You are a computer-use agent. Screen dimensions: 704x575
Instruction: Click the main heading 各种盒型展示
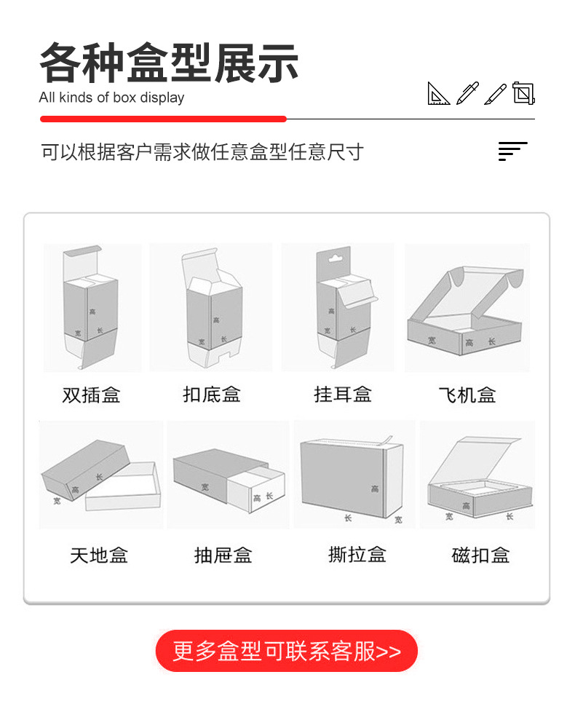coord(169,64)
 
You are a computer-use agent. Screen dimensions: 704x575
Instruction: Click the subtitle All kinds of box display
coord(111,98)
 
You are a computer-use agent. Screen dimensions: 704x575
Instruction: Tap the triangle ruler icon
coord(438,93)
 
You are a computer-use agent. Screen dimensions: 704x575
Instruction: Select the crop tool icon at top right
coord(523,93)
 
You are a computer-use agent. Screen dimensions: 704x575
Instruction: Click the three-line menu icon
coord(512,151)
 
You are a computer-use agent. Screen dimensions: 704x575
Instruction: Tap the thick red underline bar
coord(163,119)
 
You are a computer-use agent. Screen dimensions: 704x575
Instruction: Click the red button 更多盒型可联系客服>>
coord(287,651)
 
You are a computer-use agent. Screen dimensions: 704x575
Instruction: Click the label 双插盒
coord(91,395)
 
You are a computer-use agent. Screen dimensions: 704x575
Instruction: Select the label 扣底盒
coord(212,395)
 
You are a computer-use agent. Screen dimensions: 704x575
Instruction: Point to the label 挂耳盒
coord(343,395)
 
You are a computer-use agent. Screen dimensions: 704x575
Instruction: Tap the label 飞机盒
coord(467,395)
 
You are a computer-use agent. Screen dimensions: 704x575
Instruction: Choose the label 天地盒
coord(99,555)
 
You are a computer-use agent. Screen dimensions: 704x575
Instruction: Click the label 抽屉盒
coord(223,555)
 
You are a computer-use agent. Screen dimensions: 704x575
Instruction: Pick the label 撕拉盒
coord(357,555)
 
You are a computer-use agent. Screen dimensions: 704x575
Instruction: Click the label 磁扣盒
coord(480,555)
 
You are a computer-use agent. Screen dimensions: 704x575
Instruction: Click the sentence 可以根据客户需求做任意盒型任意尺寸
coord(202,152)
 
